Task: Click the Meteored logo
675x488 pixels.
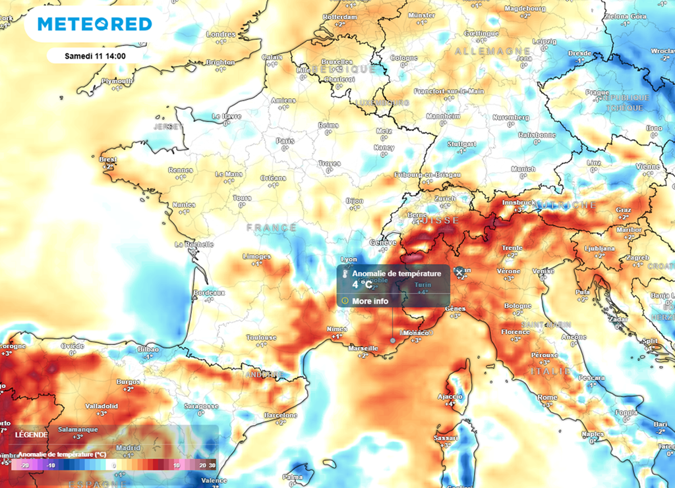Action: click(94, 24)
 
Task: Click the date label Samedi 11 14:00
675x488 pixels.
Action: click(95, 56)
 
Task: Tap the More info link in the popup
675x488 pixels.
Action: click(370, 301)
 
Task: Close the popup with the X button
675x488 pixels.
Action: click(459, 272)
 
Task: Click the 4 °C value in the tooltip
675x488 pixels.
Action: click(362, 285)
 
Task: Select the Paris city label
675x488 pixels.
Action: click(285, 140)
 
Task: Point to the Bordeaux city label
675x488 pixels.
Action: click(209, 292)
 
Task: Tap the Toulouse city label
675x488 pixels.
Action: click(261, 337)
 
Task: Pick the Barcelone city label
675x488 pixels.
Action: click(281, 415)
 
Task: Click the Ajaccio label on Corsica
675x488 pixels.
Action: click(450, 396)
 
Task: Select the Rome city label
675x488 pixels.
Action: click(548, 397)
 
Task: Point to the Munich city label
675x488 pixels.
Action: click(523, 169)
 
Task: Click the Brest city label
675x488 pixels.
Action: click(107, 159)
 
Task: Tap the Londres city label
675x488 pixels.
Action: click(221, 34)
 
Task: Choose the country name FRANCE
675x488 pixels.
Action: click(272, 227)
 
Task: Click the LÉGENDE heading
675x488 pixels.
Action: click(32, 435)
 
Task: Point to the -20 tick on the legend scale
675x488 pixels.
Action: click(24, 465)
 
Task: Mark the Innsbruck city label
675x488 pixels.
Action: click(517, 203)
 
